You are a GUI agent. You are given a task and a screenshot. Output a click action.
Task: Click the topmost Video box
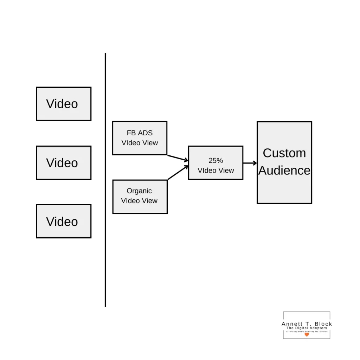[x=64, y=104]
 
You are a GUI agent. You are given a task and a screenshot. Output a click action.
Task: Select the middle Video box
[x=64, y=163]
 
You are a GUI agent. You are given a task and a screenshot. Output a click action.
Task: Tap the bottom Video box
[x=64, y=221]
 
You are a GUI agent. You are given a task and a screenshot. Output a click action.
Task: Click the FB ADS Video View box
[x=140, y=138]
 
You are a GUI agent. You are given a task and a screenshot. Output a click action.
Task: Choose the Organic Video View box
[x=140, y=197]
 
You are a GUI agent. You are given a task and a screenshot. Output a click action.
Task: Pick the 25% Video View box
[x=216, y=163]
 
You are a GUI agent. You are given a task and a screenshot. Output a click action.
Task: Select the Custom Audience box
[x=284, y=162]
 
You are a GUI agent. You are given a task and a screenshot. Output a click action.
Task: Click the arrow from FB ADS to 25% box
[x=178, y=158]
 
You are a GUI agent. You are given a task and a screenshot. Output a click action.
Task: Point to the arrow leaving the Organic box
[x=178, y=173]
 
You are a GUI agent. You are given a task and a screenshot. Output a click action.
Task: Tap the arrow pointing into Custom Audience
[x=250, y=163]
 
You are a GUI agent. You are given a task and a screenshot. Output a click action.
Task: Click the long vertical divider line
[x=105, y=180]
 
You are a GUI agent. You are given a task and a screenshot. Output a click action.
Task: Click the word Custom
[x=284, y=153]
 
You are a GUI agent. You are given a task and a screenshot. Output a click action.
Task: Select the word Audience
[x=284, y=171]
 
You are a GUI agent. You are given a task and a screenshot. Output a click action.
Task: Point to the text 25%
[x=216, y=160]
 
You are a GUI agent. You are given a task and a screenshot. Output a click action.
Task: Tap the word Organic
[x=139, y=191]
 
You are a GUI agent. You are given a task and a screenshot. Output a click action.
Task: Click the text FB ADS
[x=140, y=133]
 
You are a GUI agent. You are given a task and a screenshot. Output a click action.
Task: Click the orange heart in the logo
[x=307, y=335]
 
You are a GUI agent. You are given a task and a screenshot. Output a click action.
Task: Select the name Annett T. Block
[x=307, y=324]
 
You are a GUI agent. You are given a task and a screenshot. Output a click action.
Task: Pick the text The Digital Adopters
[x=307, y=328]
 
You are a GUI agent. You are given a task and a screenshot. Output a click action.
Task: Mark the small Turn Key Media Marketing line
[x=307, y=332]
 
